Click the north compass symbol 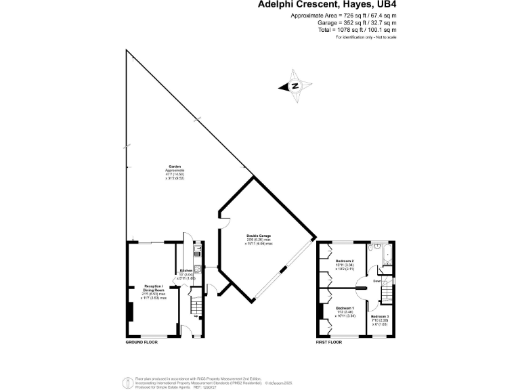tap(295, 87)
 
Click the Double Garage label tap(259, 236)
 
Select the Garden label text tap(175, 168)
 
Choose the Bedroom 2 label tap(345, 261)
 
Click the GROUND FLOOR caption tap(141, 343)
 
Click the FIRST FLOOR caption tap(330, 343)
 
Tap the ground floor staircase tap(197, 298)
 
